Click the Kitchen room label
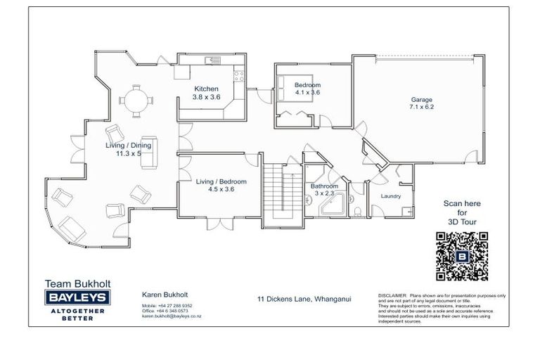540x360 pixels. pyautogui.click(x=207, y=89)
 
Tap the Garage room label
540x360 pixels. pyautogui.click(x=422, y=100)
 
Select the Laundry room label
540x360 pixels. pyautogui.click(x=391, y=196)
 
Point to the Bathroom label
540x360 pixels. pyautogui.click(x=326, y=186)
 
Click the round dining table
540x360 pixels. pyautogui.click(x=134, y=98)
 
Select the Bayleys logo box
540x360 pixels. pyautogui.click(x=75, y=298)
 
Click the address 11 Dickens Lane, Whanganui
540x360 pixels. pyautogui.click(x=304, y=298)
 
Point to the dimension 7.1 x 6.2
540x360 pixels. pyautogui.click(x=422, y=108)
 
